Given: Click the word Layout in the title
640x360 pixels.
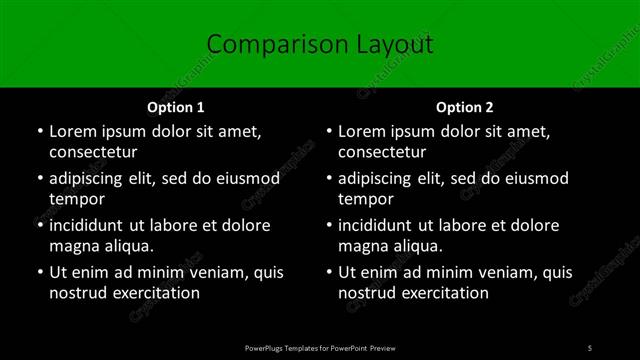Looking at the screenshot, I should (390, 44).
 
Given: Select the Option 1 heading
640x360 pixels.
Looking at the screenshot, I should (175, 106).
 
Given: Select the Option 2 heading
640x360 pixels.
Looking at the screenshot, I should (465, 106).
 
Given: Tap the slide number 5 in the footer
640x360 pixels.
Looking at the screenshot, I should (590, 347).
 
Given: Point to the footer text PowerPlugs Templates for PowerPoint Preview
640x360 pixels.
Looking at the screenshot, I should (320, 347).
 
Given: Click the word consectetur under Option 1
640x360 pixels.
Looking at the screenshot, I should (93, 152).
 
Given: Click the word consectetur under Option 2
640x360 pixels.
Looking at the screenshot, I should (383, 152).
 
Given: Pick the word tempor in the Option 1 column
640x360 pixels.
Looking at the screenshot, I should (76, 199).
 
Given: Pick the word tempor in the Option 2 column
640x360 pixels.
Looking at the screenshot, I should (366, 199).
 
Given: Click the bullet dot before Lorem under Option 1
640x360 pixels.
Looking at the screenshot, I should (38, 131).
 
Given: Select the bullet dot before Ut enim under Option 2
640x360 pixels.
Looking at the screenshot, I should (328, 272).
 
